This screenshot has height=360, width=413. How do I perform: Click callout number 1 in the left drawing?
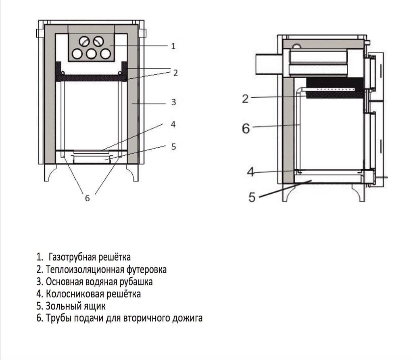click(173, 46)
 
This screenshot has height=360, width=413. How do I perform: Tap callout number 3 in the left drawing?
click(173, 103)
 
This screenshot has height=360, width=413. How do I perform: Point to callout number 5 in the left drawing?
click(173, 147)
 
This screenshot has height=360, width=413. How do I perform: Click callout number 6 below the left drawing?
click(87, 198)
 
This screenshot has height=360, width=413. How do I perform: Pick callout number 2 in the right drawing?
click(245, 98)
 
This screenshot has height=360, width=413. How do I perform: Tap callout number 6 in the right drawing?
click(246, 129)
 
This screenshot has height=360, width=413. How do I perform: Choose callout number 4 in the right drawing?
click(251, 172)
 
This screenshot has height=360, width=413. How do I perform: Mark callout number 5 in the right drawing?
click(252, 198)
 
